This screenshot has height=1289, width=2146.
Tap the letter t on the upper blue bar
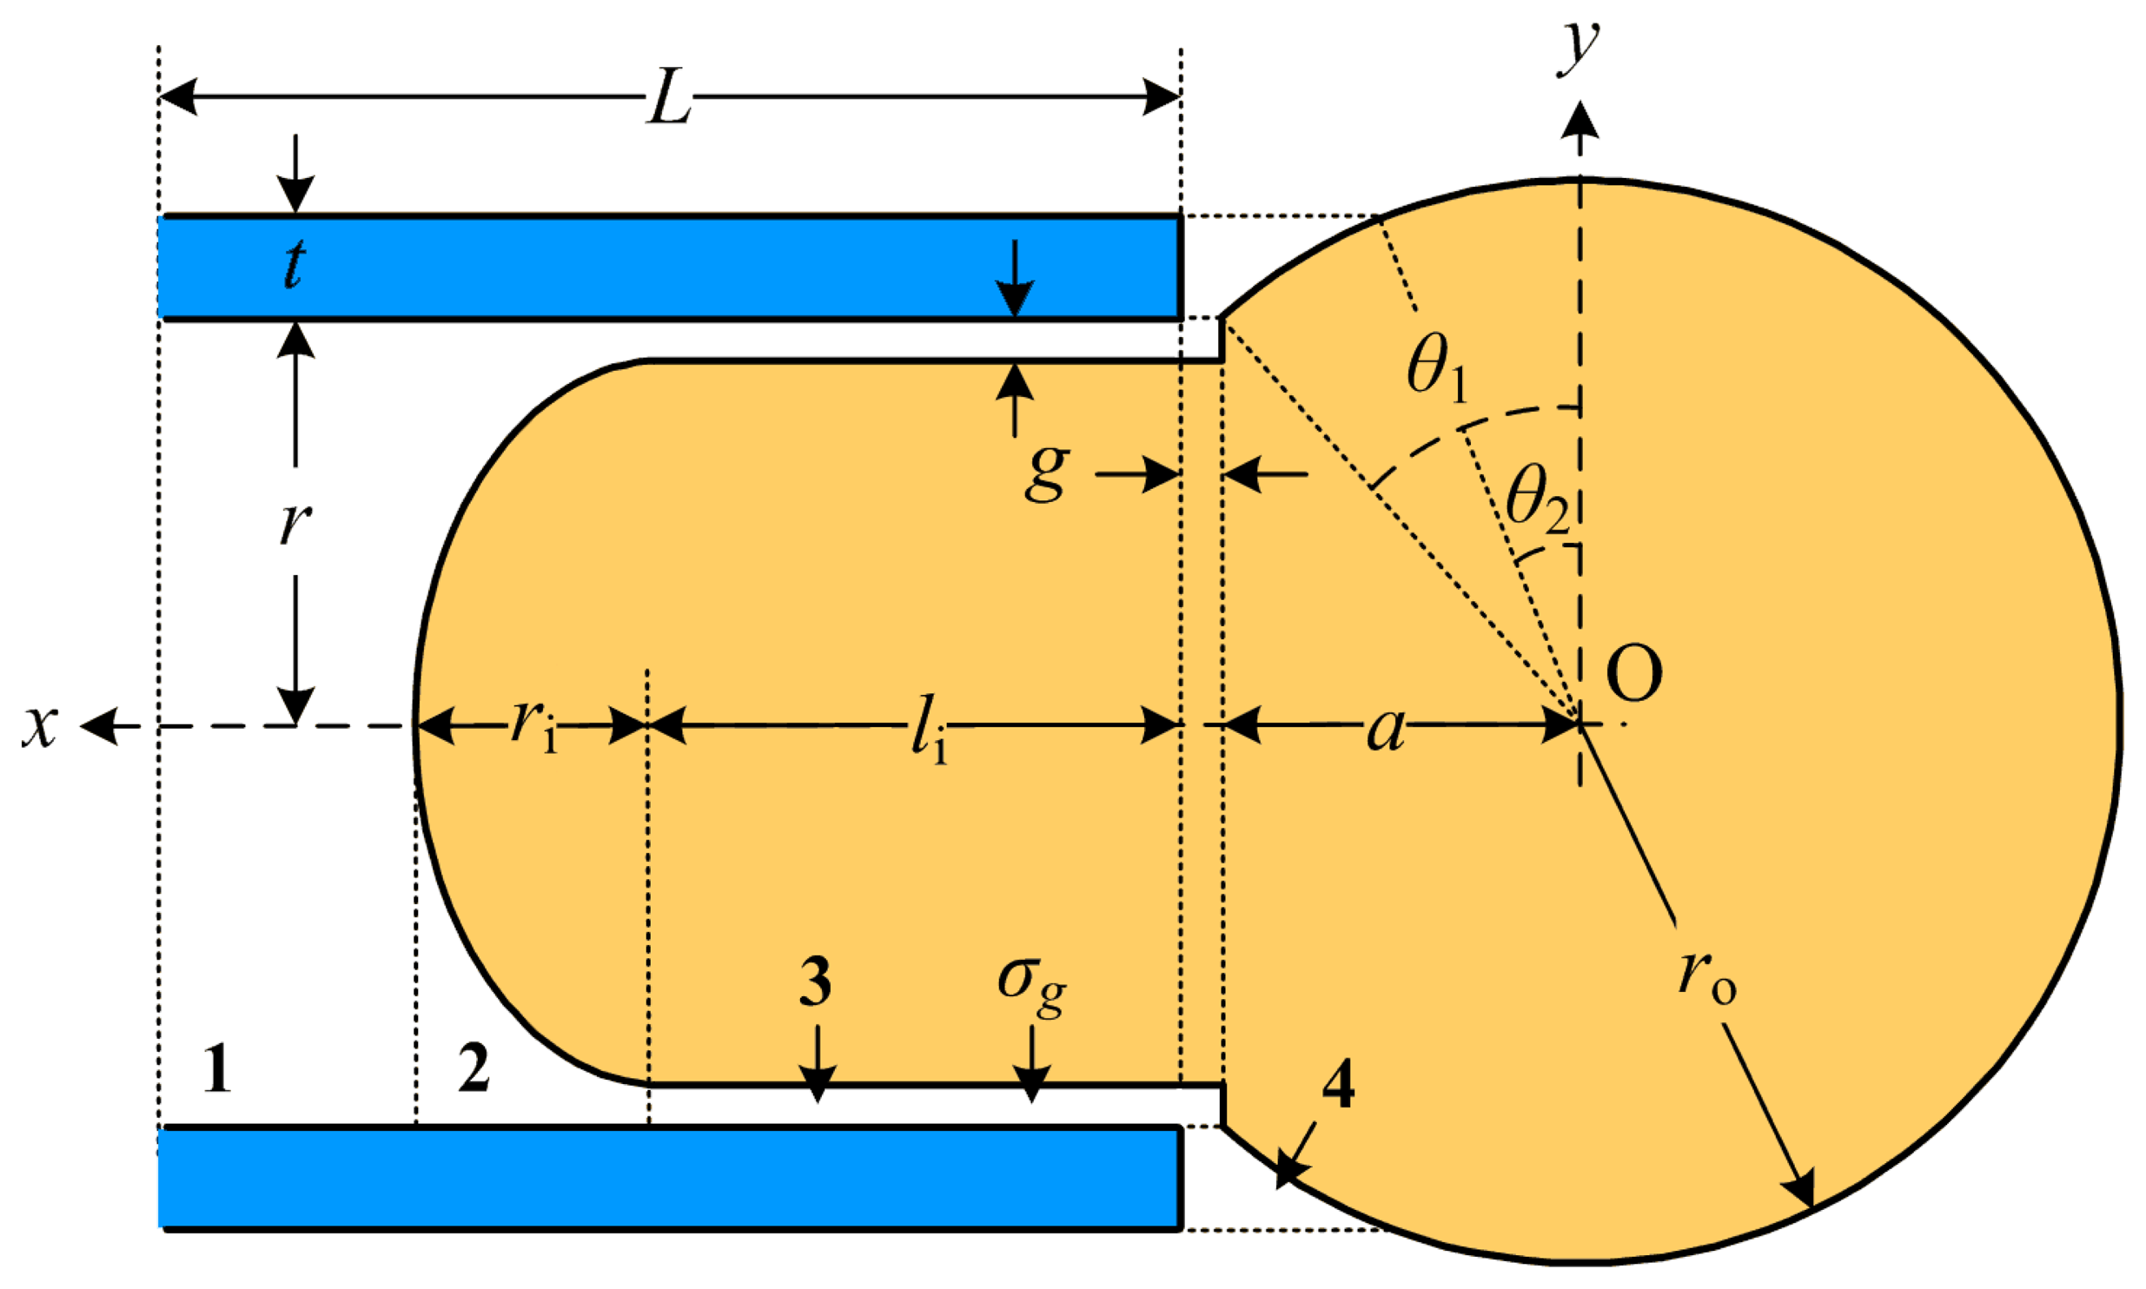tap(295, 264)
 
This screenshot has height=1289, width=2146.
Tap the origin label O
tap(1634, 675)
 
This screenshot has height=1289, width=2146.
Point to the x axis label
tap(40, 726)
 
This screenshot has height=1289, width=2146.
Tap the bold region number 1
tap(216, 1068)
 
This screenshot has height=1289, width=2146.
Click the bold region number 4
tap(1338, 1085)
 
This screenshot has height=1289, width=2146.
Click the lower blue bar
tap(669, 1178)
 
